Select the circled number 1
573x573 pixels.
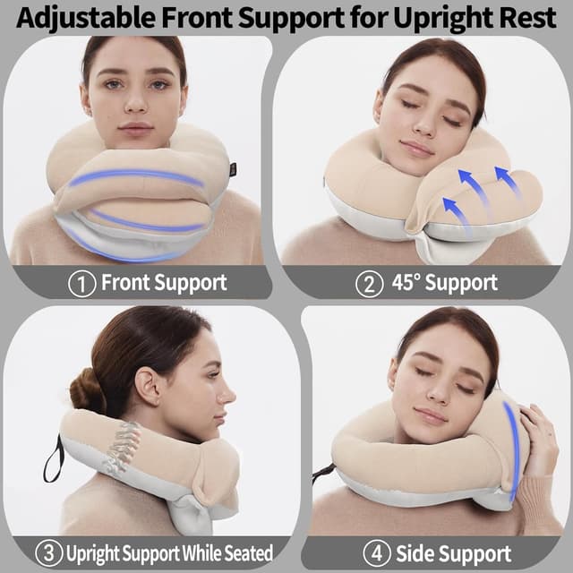[82, 283]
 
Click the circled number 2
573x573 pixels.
[368, 283]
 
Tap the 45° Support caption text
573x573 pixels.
[444, 283]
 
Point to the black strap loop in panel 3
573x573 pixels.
[53, 458]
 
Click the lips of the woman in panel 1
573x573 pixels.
[136, 127]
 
